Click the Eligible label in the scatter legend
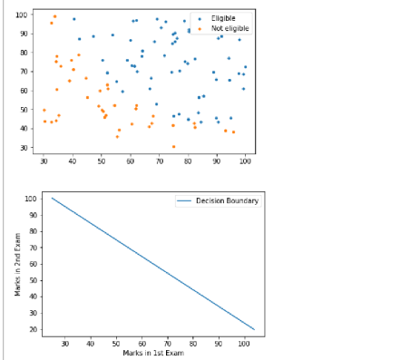coord(222,18)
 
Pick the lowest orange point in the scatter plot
coord(173,146)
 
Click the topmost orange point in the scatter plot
coord(54,16)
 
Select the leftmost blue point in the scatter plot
coord(74,18)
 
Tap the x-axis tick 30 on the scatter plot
coord(44,161)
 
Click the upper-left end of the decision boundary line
coord(52,198)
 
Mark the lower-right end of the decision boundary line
coord(254,329)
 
